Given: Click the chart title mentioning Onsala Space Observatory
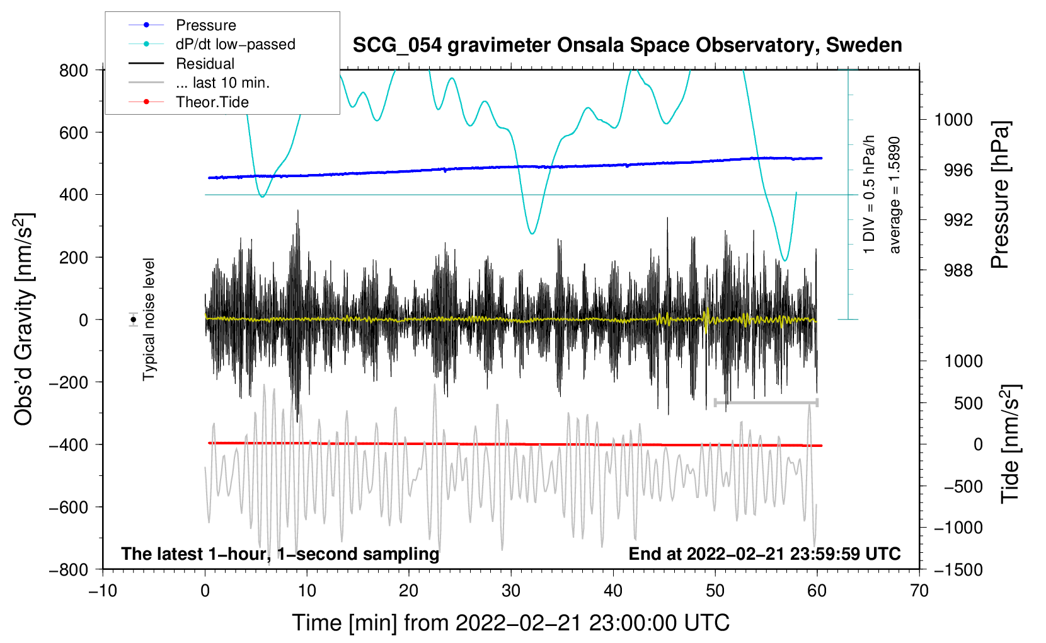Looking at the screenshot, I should (627, 45).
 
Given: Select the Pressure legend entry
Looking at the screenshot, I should (205, 25).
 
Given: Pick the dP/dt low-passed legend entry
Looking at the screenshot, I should (235, 44).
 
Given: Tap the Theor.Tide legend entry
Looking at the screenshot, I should (212, 102).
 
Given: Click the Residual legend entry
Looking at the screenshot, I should (205, 64).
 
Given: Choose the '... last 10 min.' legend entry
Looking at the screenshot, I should (222, 83).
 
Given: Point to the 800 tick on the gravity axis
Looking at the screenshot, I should (74, 70).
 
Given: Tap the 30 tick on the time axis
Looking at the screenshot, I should (511, 591).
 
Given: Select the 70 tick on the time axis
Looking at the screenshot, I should (919, 591).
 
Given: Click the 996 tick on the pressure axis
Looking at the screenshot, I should (958, 170).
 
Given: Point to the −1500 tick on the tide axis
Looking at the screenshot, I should (958, 569).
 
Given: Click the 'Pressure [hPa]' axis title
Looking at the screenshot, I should (1000, 195).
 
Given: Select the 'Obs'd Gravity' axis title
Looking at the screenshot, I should (24, 319).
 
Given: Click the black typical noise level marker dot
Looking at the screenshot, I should (134, 320).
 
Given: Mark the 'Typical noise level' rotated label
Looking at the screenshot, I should (149, 319).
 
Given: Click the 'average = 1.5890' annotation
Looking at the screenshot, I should (895, 195).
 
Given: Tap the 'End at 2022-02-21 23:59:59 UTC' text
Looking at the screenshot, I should (764, 553).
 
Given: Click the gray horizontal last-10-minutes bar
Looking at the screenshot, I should (766, 402).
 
